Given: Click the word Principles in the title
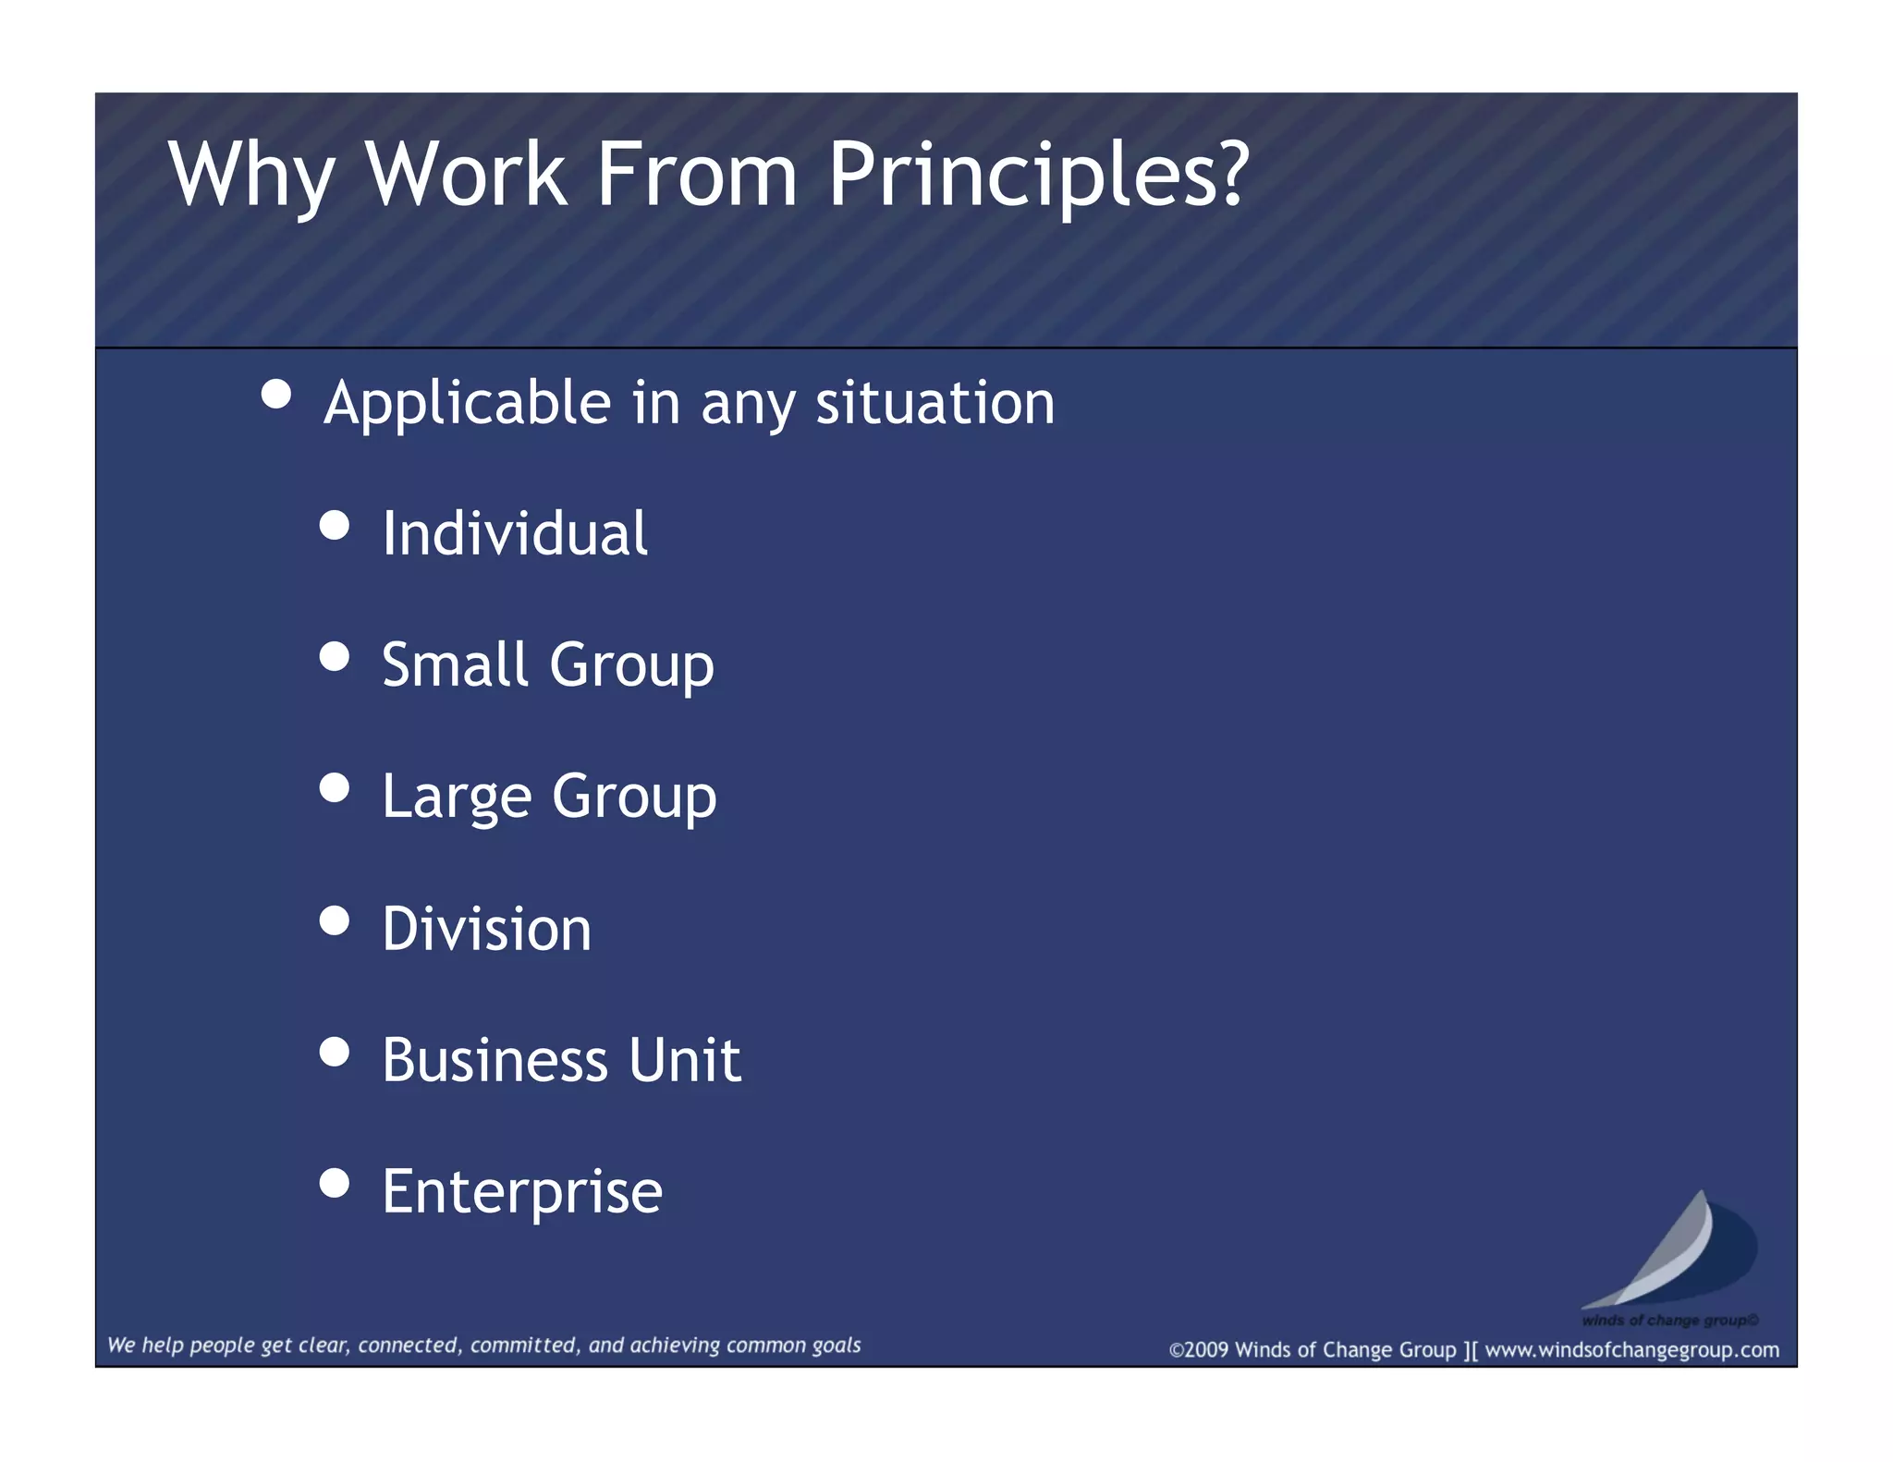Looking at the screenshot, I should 1037,176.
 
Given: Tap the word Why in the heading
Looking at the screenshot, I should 250,176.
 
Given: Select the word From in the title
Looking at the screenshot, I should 696,176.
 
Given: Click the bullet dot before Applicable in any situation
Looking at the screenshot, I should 276,395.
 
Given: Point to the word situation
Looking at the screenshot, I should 934,404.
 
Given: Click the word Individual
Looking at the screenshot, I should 515,534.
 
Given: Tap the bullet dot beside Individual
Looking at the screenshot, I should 335,526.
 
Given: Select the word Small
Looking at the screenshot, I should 455,664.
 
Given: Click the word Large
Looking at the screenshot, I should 457,797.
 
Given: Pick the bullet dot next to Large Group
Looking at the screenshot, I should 335,788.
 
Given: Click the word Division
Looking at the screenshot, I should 486,929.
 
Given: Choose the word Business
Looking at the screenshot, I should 495,1060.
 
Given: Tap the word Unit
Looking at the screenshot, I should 685,1060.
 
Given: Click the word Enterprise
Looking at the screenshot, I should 522,1191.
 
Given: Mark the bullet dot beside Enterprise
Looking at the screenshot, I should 335,1183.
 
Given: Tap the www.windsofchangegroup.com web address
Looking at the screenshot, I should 1631,1350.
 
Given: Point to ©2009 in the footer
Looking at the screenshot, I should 1199,1350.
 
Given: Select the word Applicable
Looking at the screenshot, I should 467,404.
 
